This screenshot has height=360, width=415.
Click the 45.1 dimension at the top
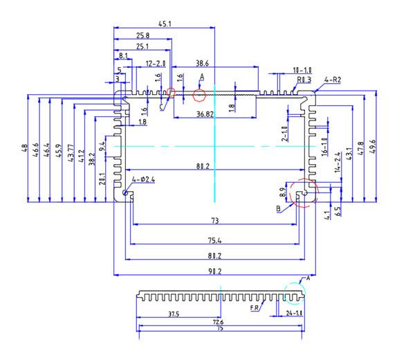[165, 24]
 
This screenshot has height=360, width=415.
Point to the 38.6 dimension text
[203, 63]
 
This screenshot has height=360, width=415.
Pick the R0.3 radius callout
[304, 80]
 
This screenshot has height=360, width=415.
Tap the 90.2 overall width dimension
[214, 271]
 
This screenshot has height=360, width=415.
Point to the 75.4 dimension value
[214, 240]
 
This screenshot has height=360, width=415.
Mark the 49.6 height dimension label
[373, 147]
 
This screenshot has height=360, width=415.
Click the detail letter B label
[277, 208]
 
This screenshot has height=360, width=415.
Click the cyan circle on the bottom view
[293, 294]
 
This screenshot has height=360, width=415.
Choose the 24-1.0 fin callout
[295, 314]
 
